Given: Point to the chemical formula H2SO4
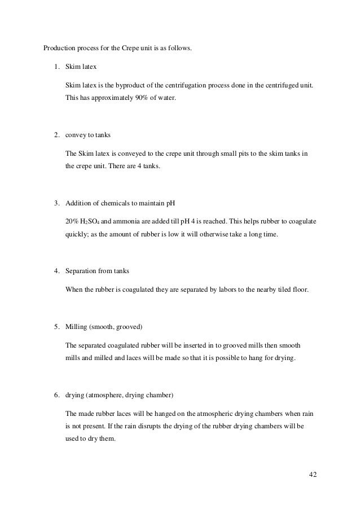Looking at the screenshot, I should [x=91, y=221].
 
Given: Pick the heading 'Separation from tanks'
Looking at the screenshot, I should [x=98, y=271].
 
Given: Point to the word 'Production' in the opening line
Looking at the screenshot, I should [x=59, y=47].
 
